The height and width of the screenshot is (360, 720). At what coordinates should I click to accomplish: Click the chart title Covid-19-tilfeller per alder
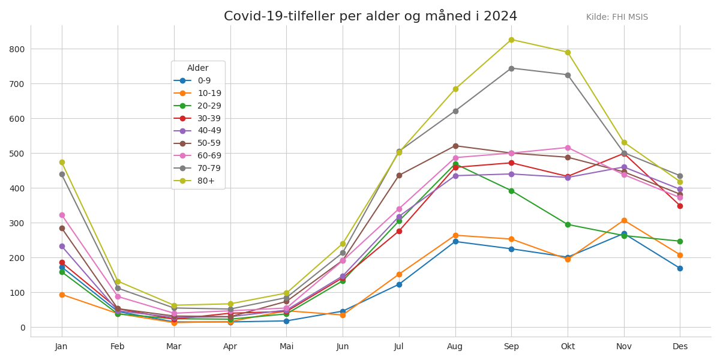tap(370, 16)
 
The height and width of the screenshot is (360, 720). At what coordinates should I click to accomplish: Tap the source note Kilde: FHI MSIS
tap(617, 17)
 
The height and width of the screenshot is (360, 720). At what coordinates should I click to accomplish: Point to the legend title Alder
tap(198, 68)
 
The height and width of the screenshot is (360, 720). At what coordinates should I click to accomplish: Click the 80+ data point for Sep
tap(511, 40)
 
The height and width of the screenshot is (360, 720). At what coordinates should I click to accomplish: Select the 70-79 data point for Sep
tap(511, 68)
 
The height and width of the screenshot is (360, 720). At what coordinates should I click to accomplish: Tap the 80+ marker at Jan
tap(62, 163)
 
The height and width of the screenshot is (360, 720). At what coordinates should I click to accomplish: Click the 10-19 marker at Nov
tap(624, 221)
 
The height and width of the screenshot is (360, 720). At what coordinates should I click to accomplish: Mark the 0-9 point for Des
tap(680, 269)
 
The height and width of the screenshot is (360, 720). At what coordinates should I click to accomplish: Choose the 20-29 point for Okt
tap(568, 225)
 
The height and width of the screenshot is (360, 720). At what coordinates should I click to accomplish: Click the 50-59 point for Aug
tap(455, 146)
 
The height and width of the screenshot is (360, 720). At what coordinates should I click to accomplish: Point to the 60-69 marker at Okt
tap(568, 148)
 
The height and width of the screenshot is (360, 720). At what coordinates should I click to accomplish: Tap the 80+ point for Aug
tap(455, 89)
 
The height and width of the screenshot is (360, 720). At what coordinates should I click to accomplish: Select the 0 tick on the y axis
tap(22, 328)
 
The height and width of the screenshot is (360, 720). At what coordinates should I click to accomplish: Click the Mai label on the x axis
tap(287, 347)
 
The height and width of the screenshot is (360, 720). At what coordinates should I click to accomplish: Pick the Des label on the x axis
tap(680, 347)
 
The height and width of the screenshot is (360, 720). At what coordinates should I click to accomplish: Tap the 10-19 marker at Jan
tap(62, 295)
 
